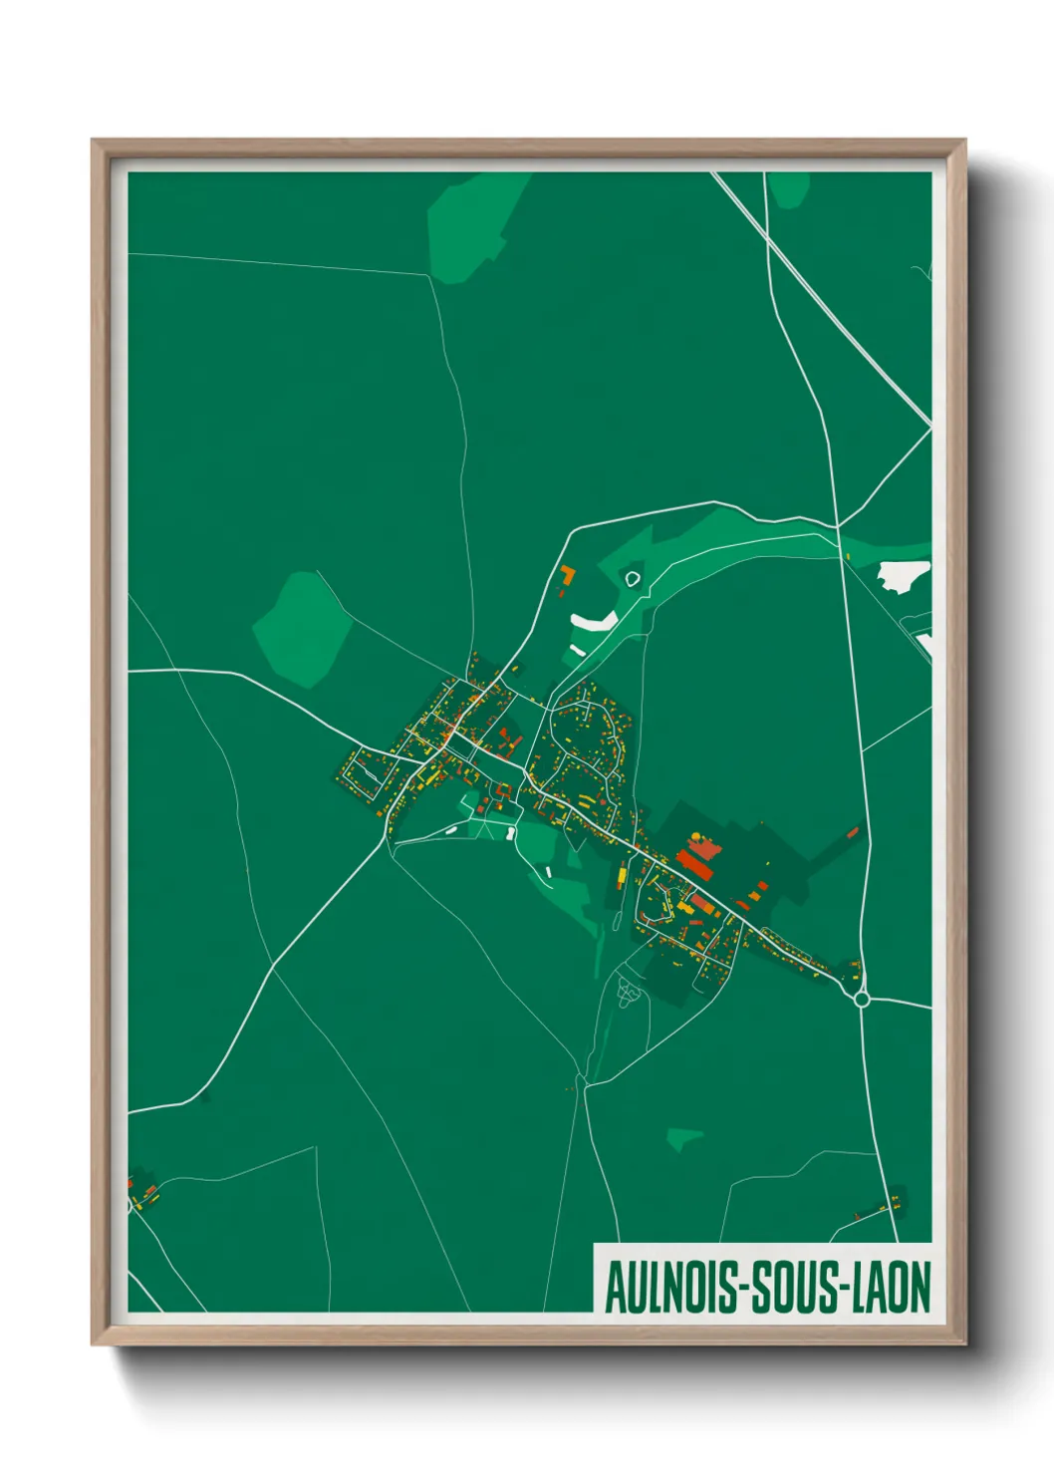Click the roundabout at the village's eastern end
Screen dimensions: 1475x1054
pyautogui.click(x=862, y=998)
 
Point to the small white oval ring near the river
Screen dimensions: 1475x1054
pyautogui.click(x=632, y=577)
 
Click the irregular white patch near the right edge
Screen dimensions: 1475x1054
pyautogui.click(x=903, y=575)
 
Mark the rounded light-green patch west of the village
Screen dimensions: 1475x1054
pyautogui.click(x=301, y=629)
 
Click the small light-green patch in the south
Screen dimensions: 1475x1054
pyautogui.click(x=684, y=1137)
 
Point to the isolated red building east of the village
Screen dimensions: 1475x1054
pyautogui.click(x=853, y=831)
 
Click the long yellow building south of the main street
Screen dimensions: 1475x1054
pyautogui.click(x=623, y=876)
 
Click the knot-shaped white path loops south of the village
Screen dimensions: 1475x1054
pyautogui.click(x=627, y=991)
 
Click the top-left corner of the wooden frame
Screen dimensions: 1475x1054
pyautogui.click(x=94, y=142)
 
